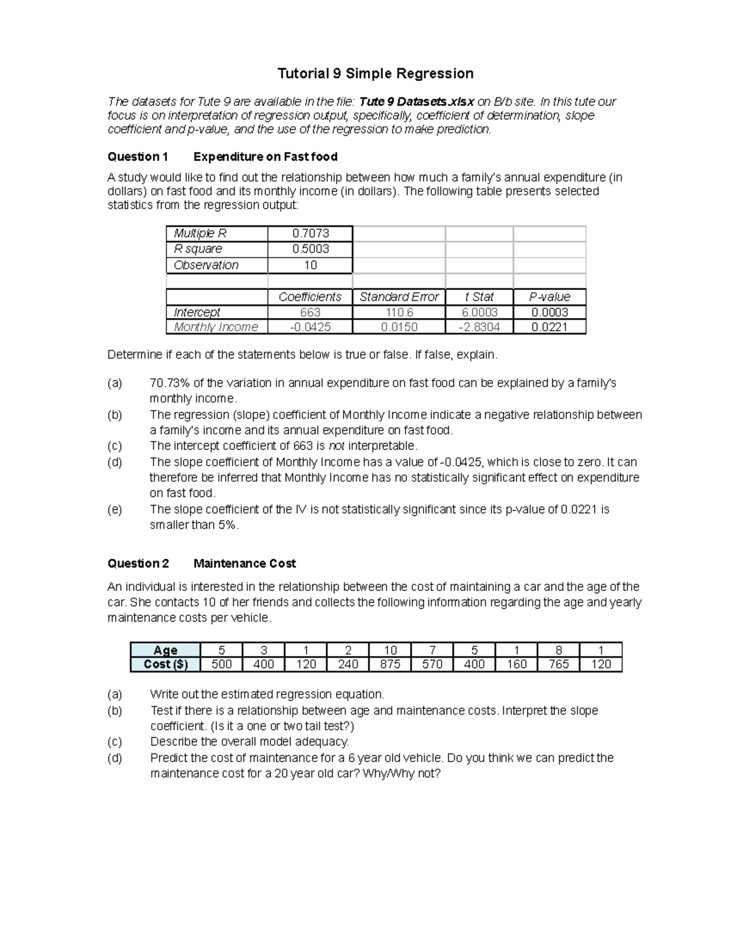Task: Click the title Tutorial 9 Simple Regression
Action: pyautogui.click(x=375, y=74)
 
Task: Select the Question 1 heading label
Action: pyautogui.click(x=138, y=157)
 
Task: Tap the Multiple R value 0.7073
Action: pyautogui.click(x=310, y=233)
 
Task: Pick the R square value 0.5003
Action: pyautogui.click(x=310, y=249)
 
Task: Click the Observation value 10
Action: pyautogui.click(x=310, y=265)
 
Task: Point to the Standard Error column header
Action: pyautogui.click(x=398, y=297)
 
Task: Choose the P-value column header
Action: pyautogui.click(x=549, y=297)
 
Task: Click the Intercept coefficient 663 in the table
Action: pyautogui.click(x=310, y=312)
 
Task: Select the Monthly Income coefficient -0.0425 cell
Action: pyautogui.click(x=310, y=327)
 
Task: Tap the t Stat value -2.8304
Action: pyautogui.click(x=479, y=327)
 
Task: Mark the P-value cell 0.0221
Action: pyautogui.click(x=549, y=327)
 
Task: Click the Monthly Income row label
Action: pyautogui.click(x=216, y=327)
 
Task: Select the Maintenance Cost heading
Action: pyautogui.click(x=244, y=563)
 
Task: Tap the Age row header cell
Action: pyautogui.click(x=165, y=650)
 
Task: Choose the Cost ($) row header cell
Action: pyautogui.click(x=165, y=664)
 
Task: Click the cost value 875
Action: pyautogui.click(x=390, y=664)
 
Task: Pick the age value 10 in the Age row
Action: pyautogui.click(x=390, y=650)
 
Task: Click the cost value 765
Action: pyautogui.click(x=559, y=664)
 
